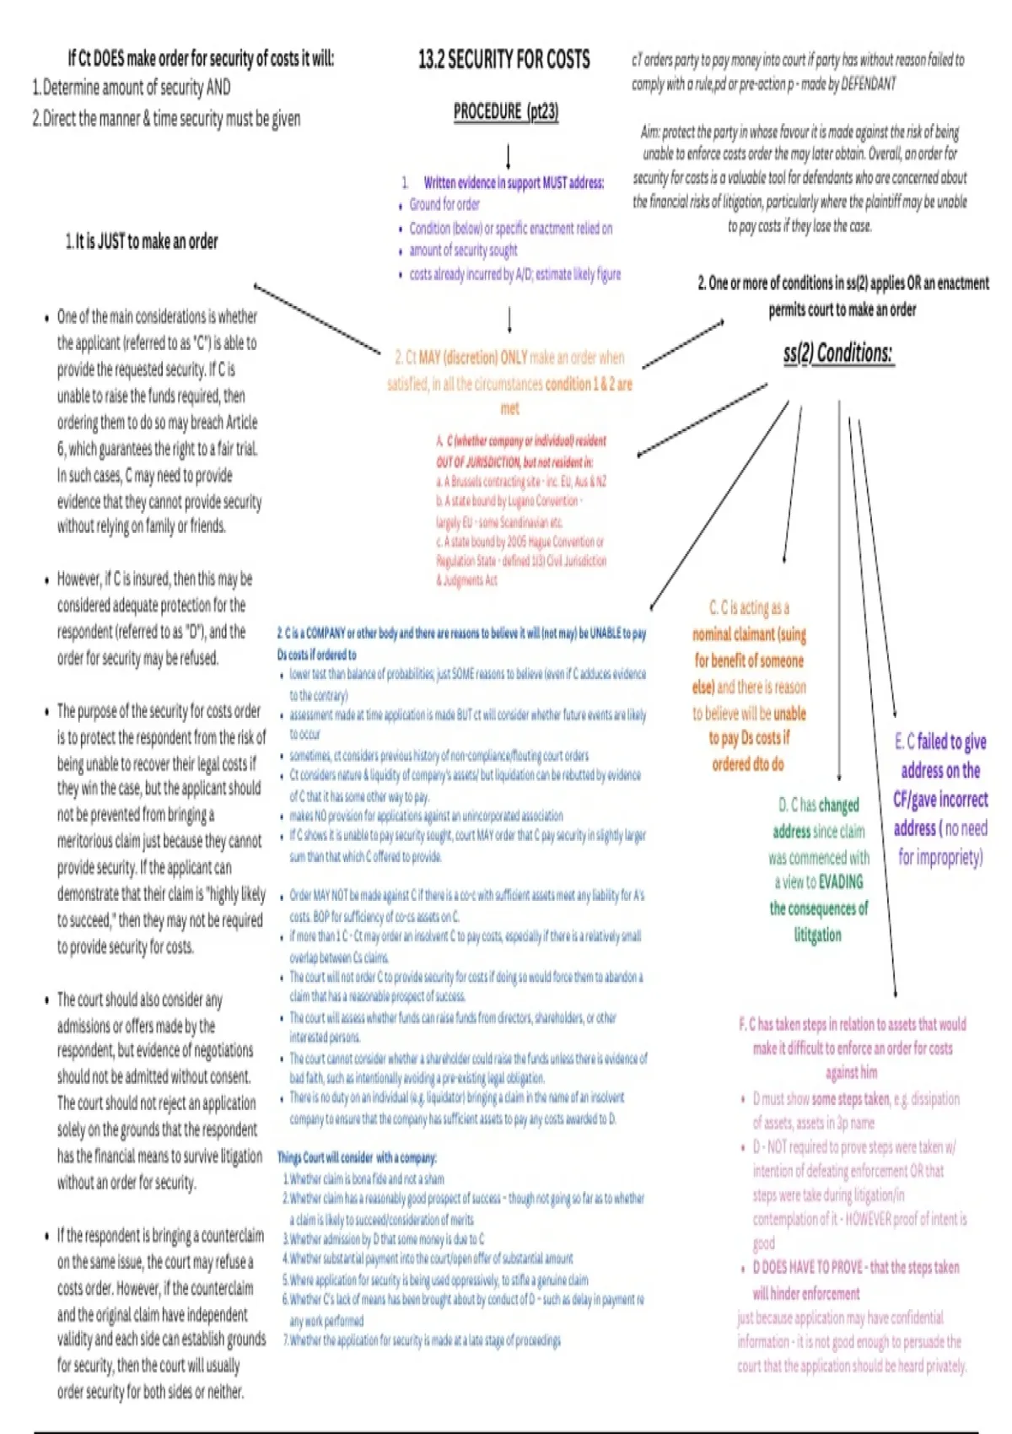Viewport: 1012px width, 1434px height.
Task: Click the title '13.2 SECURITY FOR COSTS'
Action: [x=503, y=60]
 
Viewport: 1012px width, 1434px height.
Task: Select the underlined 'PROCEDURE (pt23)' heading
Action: [x=506, y=111]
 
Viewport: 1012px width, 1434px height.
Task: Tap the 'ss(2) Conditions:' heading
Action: [x=837, y=353]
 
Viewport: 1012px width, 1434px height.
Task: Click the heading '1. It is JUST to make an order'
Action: [x=142, y=242]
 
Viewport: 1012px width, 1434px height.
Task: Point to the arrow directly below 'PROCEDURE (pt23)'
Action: [x=508, y=156]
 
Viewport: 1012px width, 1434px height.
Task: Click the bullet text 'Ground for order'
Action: [x=444, y=204]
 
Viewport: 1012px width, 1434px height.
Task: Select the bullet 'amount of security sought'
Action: [x=463, y=251]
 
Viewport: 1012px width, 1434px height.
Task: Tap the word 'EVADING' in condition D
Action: [x=841, y=882]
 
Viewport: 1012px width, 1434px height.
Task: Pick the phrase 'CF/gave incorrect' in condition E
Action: [x=940, y=799]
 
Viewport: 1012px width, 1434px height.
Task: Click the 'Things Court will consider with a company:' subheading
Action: [x=357, y=1157]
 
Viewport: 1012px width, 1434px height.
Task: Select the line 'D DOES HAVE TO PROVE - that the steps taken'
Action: [x=855, y=1267]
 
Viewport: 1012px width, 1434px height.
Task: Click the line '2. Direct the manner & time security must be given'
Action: [x=166, y=119]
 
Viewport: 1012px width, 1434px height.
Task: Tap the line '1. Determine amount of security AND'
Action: [x=132, y=88]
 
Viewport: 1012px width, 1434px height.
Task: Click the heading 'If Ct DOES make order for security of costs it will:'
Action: [x=201, y=59]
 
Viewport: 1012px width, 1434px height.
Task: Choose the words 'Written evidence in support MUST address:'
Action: [x=514, y=182]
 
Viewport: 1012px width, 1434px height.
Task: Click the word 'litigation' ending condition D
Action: [x=817, y=935]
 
